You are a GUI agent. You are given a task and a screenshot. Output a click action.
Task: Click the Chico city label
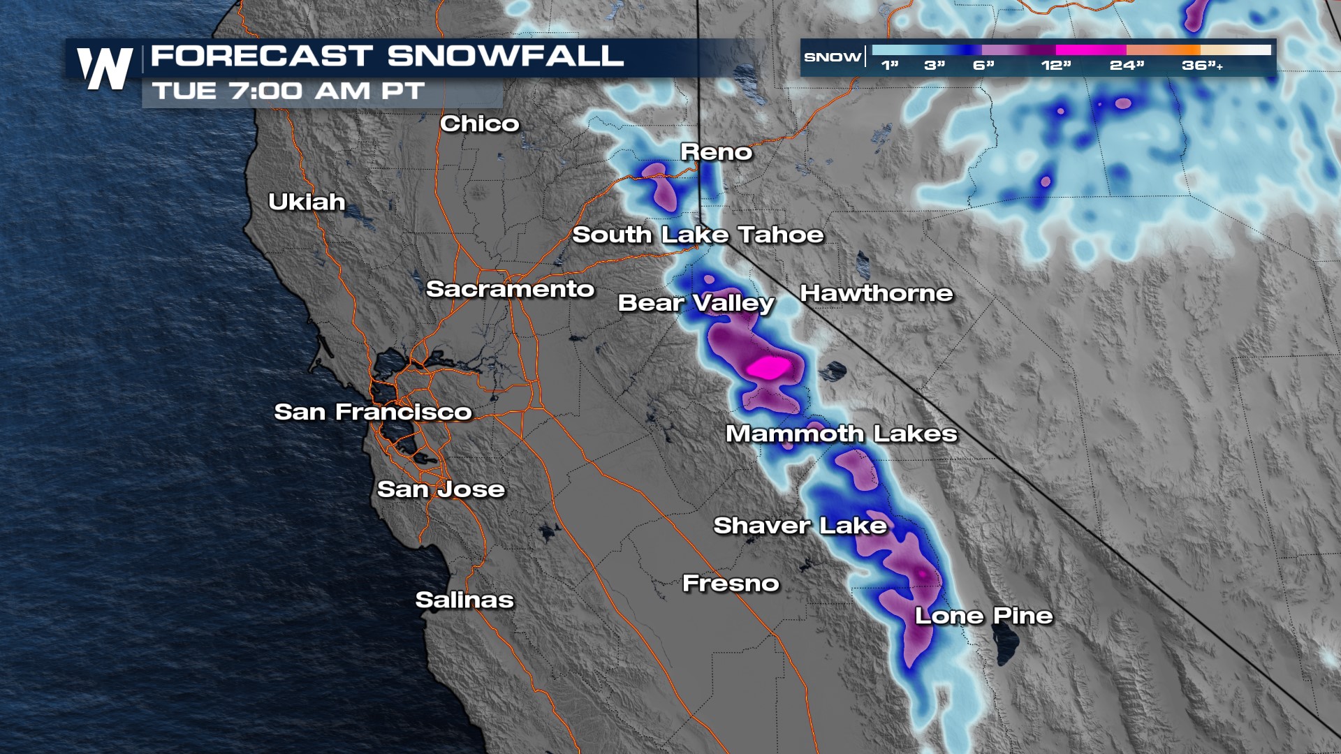click(x=480, y=124)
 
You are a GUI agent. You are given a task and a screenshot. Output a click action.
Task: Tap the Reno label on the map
click(x=717, y=152)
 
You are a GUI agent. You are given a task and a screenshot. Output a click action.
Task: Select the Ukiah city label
click(x=307, y=202)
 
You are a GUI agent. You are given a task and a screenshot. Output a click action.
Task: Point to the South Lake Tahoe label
click(x=698, y=235)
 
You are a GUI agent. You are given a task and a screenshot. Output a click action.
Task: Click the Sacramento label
click(x=510, y=289)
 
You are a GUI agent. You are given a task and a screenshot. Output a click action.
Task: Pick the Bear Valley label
click(x=696, y=303)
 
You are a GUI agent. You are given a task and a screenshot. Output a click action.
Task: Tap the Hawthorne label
click(x=876, y=293)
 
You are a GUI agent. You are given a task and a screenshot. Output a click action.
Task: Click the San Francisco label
click(x=373, y=412)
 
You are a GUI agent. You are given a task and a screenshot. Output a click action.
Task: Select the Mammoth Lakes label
click(x=841, y=434)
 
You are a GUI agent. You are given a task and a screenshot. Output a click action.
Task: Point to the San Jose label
click(x=441, y=489)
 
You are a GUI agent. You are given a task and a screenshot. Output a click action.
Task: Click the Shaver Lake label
click(x=800, y=526)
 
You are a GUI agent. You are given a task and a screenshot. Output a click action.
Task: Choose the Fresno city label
click(x=731, y=584)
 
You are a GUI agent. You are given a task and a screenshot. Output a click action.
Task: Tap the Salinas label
click(x=464, y=600)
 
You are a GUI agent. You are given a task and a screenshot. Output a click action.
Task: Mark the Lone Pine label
click(x=983, y=616)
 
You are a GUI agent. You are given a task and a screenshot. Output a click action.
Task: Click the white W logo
click(x=105, y=68)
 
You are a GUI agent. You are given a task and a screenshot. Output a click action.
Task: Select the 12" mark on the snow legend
click(x=1055, y=66)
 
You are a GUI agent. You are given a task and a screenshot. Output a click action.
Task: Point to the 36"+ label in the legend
click(x=1202, y=66)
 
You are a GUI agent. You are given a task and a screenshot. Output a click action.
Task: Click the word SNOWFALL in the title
click(x=505, y=56)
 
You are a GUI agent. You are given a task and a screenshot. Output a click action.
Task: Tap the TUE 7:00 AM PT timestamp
click(x=288, y=91)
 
